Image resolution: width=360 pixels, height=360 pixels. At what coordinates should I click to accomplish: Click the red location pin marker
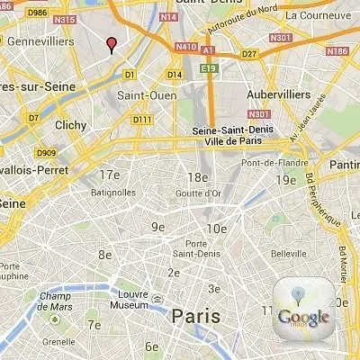(x=112, y=44)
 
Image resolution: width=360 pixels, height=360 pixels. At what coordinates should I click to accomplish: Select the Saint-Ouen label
(x=143, y=95)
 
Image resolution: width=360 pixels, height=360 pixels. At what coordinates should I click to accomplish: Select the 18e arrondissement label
(x=197, y=177)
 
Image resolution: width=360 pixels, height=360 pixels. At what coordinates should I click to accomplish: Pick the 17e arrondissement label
(x=110, y=175)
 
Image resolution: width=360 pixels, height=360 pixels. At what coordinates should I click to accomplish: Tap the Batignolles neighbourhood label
(x=113, y=192)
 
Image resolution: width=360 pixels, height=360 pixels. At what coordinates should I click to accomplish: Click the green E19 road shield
(x=210, y=67)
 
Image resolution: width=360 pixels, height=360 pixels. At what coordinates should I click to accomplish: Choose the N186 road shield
(x=337, y=52)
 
